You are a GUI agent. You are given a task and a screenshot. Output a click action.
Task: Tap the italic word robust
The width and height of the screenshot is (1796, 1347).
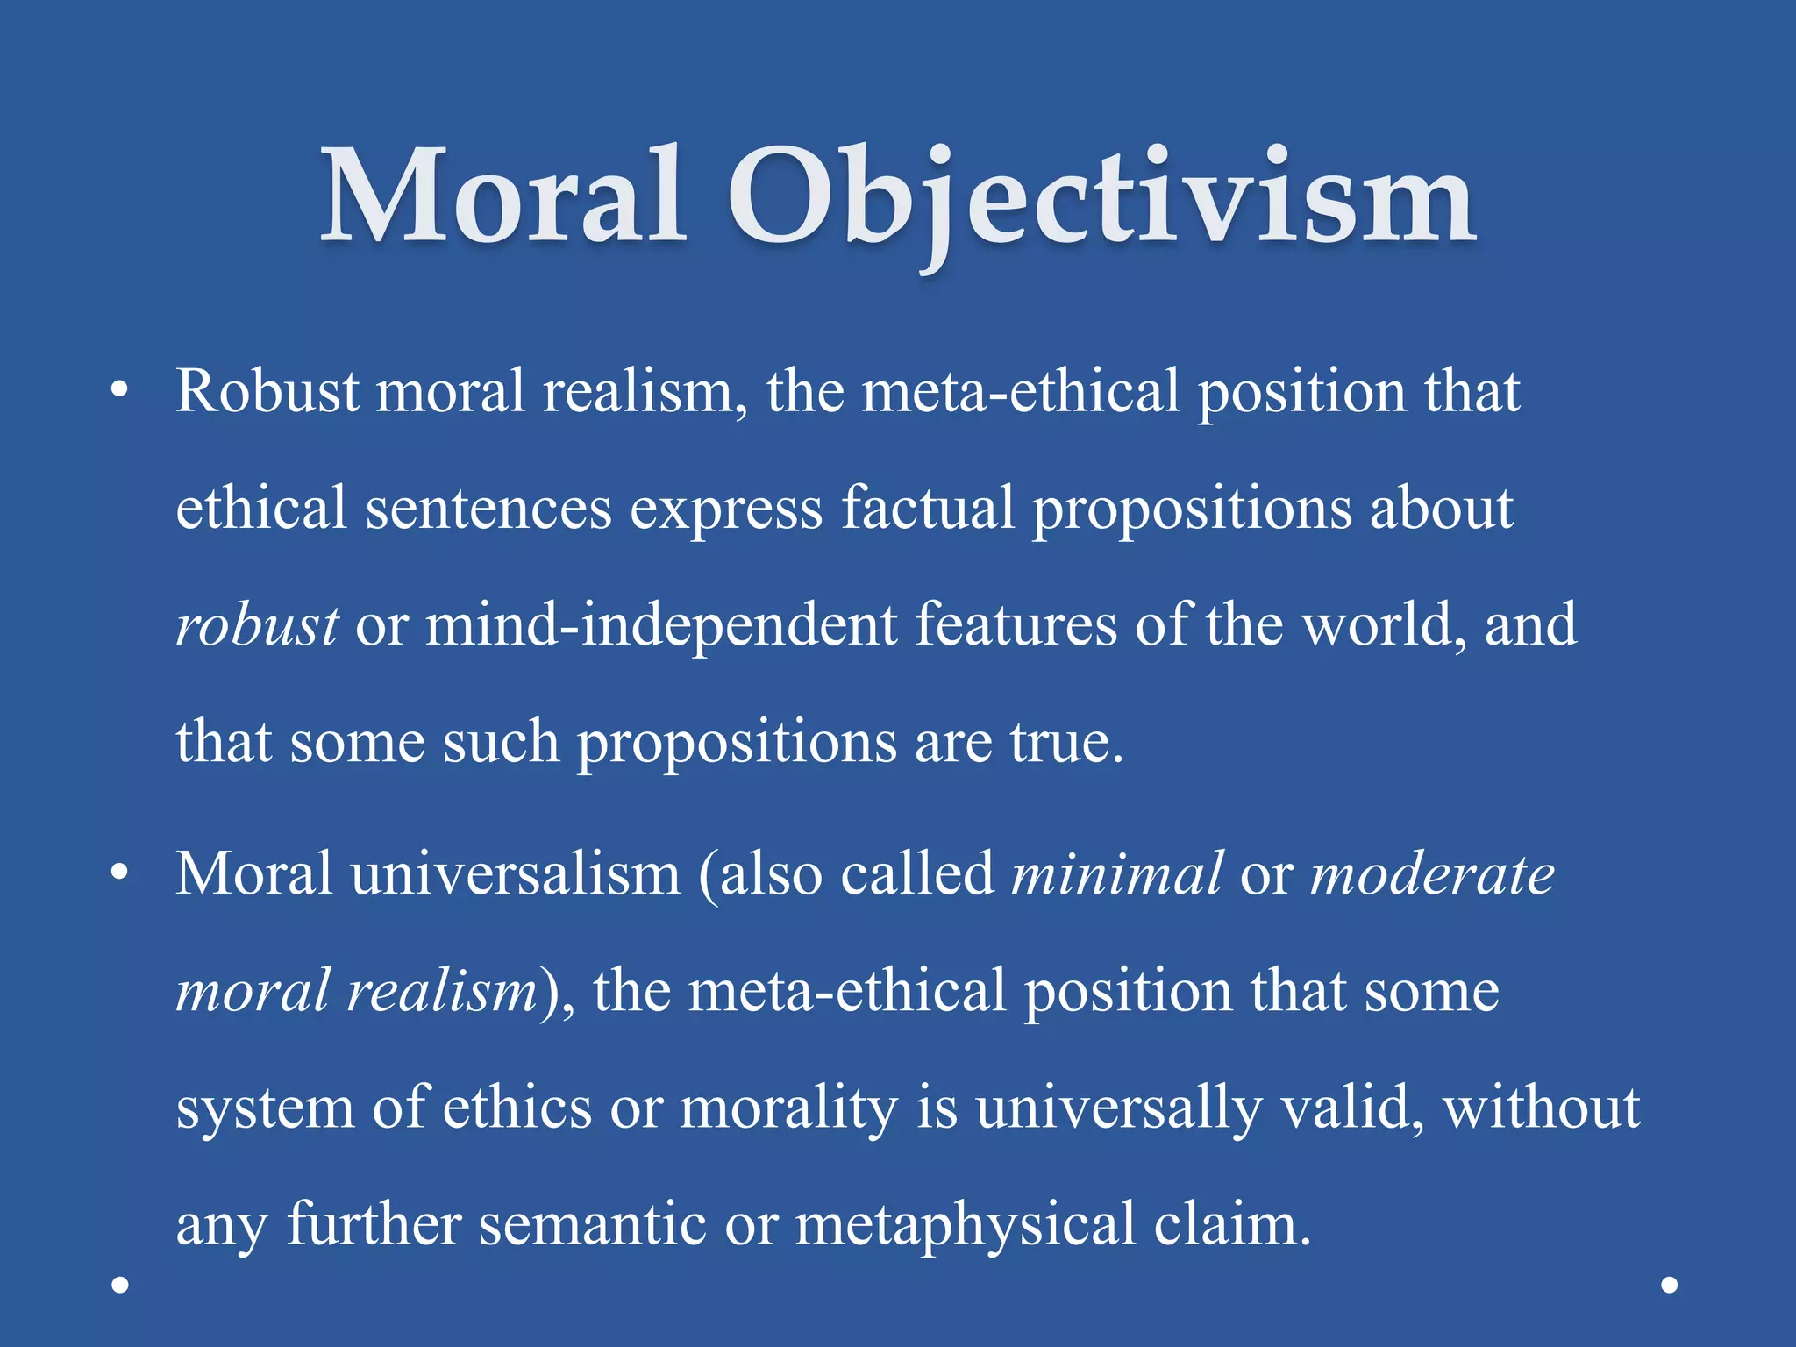click(257, 625)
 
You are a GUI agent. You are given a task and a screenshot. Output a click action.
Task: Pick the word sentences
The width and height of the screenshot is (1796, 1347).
click(488, 509)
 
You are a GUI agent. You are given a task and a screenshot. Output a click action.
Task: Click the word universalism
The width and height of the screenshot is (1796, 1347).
click(516, 874)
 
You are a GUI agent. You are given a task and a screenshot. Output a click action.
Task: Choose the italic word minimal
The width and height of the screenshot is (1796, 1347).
click(1115, 874)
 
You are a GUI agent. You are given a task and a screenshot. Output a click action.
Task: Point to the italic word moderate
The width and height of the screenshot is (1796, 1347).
click(1432, 874)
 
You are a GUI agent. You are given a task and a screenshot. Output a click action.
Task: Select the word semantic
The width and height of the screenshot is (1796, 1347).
click(593, 1224)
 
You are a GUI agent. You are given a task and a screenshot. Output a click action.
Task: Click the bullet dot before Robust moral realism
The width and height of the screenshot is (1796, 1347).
click(120, 391)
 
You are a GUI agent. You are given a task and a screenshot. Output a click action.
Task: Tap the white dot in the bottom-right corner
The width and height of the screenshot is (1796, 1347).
click(1670, 1285)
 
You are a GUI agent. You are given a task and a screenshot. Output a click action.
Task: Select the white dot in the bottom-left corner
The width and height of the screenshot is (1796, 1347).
click(121, 1285)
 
